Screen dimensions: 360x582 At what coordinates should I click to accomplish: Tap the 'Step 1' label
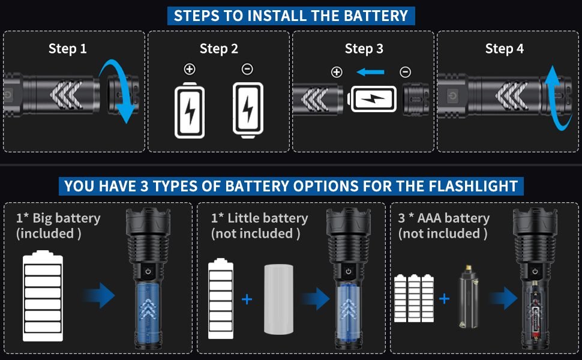tap(67, 49)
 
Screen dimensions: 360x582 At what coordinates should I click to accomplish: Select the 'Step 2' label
tap(218, 49)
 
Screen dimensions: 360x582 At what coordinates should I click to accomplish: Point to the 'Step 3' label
tap(364, 49)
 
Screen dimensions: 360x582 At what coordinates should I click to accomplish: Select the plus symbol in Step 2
tap(190, 70)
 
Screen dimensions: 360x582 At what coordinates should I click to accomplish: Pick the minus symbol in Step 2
tap(247, 70)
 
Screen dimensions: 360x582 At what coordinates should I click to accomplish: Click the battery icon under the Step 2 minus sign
tap(247, 110)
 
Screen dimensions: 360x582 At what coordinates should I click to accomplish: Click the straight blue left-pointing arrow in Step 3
tap(370, 73)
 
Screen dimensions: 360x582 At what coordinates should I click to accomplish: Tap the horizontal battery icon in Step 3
tap(373, 99)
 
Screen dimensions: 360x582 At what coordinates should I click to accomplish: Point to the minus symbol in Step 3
tap(406, 73)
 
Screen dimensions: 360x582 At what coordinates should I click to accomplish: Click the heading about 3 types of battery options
tap(291, 185)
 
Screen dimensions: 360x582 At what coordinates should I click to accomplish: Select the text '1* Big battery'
tap(58, 218)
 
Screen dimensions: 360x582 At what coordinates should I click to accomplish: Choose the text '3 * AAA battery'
tap(444, 218)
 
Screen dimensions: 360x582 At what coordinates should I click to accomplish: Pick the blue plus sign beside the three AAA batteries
tap(444, 298)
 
